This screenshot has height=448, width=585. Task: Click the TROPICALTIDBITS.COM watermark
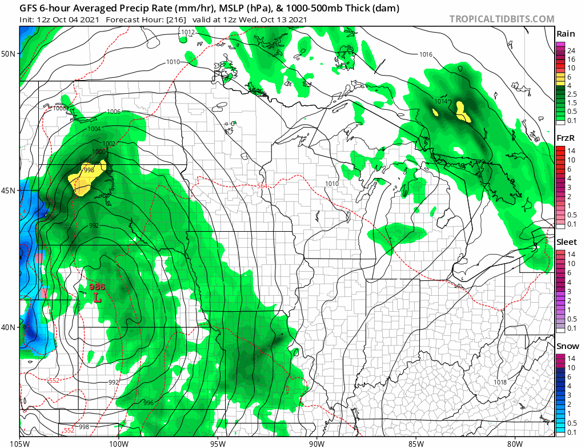pyautogui.click(x=502, y=19)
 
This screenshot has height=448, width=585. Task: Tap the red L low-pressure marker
pyautogui.click(x=98, y=298)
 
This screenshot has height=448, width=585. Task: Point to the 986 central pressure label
pyautogui.click(x=97, y=287)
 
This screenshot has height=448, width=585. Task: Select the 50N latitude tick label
pyautogui.click(x=9, y=54)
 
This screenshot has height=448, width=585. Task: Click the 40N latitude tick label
pyautogui.click(x=9, y=327)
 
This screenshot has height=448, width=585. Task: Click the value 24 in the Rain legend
pyautogui.click(x=571, y=50)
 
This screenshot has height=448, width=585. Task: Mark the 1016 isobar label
pyautogui.click(x=426, y=55)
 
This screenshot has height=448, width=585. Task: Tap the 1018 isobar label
pyautogui.click(x=500, y=382)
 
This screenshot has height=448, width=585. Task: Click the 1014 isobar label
pyautogui.click(x=440, y=101)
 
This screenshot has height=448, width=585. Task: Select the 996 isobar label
pyautogui.click(x=149, y=403)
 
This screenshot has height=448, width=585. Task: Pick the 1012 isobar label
pyautogui.click(x=188, y=32)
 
